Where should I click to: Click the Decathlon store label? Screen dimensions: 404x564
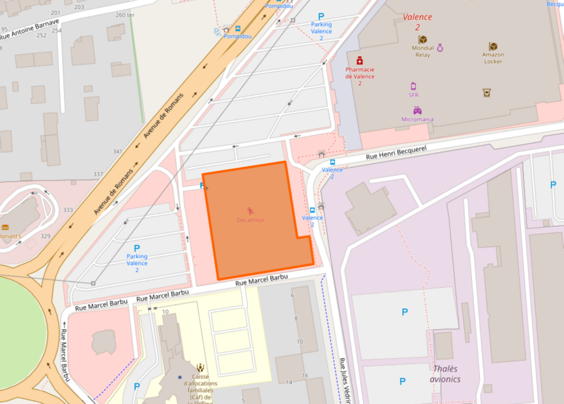(x=250, y=220)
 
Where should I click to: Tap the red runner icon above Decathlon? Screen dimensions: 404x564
(x=250, y=211)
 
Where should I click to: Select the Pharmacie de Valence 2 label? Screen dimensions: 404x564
(x=360, y=76)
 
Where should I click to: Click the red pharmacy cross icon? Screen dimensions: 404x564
(x=360, y=60)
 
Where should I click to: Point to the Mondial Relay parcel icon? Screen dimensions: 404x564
(x=422, y=40)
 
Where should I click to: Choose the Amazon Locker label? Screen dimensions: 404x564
(x=493, y=58)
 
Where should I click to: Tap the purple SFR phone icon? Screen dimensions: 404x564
(x=414, y=85)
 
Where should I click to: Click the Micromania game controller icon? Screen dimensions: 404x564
(x=417, y=110)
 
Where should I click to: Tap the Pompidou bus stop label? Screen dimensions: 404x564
(x=237, y=36)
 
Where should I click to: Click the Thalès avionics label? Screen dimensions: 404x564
(x=446, y=374)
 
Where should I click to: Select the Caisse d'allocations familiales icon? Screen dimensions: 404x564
(x=200, y=367)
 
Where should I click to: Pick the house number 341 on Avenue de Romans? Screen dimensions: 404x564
(x=117, y=152)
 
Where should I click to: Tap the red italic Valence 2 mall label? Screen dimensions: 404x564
(x=417, y=21)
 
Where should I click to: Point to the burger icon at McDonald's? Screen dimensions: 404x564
(x=5, y=227)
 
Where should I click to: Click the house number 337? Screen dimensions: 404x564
(x=98, y=174)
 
